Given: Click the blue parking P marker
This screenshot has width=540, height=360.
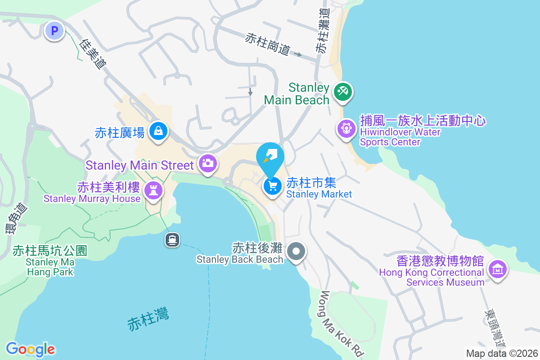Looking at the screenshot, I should [x=55, y=31].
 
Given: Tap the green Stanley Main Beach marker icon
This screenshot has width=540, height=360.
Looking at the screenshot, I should [x=343, y=91].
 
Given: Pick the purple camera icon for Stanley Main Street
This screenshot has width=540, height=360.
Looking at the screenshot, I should [x=207, y=163].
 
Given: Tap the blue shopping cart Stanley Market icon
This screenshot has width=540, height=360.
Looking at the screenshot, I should [x=272, y=186].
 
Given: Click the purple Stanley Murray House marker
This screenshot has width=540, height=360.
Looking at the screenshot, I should [x=154, y=191].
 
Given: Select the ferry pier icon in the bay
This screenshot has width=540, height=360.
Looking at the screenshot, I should [x=172, y=239].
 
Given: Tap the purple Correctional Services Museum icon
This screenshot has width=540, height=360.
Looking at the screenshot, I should [x=497, y=270].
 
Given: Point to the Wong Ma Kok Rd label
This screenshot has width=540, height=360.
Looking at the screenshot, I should [x=341, y=324].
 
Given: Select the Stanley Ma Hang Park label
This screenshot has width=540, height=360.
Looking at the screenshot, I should [x=49, y=267].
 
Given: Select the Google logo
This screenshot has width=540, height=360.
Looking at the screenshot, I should [x=30, y=349].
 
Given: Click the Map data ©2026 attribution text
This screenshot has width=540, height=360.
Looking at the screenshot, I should [x=501, y=354].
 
